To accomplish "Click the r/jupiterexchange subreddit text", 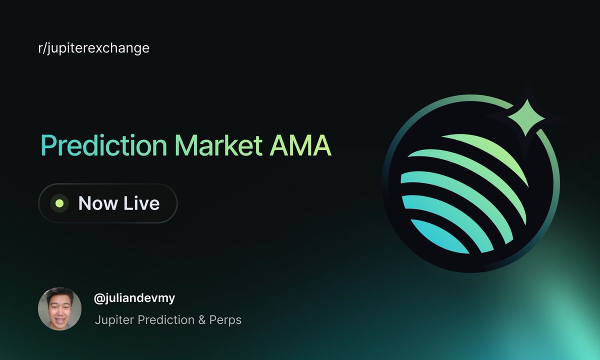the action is pyautogui.click(x=94, y=48).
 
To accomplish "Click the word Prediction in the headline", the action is pyautogui.click(x=104, y=145).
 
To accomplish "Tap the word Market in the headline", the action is pyautogui.click(x=218, y=145).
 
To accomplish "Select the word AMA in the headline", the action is pyautogui.click(x=300, y=145).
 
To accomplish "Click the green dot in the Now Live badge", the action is pyautogui.click(x=59, y=203).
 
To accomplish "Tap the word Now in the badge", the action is pyautogui.click(x=98, y=203).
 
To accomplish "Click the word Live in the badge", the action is pyautogui.click(x=141, y=203).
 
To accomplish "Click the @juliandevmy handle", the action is pyautogui.click(x=134, y=298).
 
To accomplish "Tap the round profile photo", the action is pyautogui.click(x=59, y=308).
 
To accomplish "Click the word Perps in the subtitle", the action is pyautogui.click(x=225, y=320).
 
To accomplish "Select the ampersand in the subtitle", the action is pyautogui.click(x=202, y=320).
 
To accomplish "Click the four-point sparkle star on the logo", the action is pyautogui.click(x=526, y=117).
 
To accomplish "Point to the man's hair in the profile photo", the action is pyautogui.click(x=59, y=293).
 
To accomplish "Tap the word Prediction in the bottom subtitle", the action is pyautogui.click(x=166, y=320).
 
